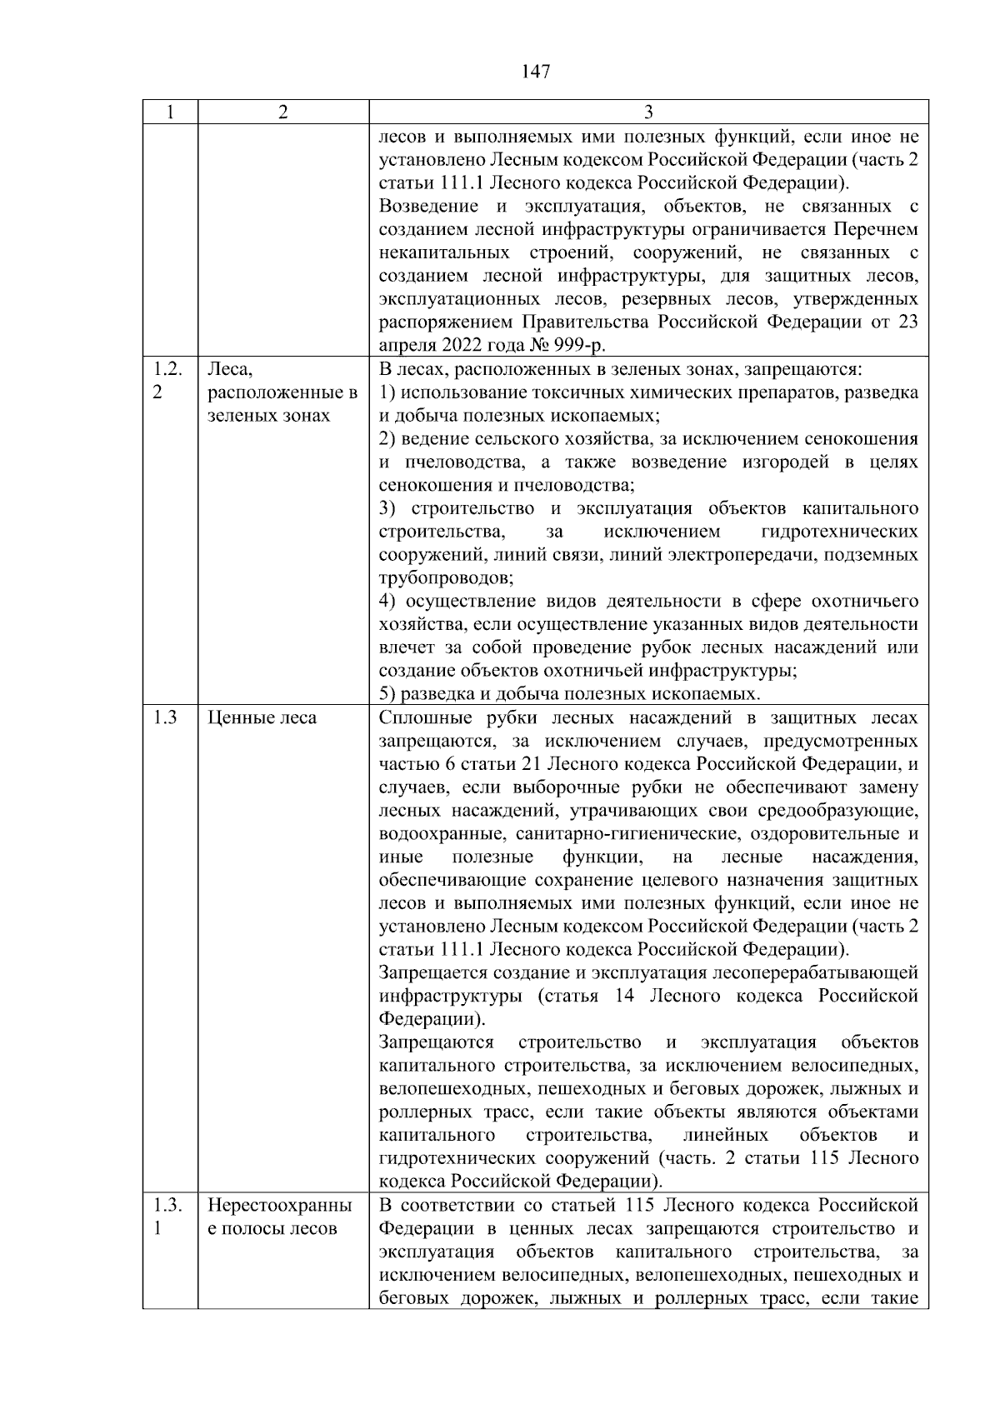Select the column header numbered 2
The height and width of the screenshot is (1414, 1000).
click(283, 112)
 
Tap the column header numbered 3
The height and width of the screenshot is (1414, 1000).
click(648, 112)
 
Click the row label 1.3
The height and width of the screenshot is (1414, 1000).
click(166, 718)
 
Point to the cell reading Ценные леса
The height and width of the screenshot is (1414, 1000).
click(262, 718)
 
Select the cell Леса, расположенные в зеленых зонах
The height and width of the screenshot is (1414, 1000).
click(282, 392)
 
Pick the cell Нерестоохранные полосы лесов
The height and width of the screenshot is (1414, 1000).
click(279, 1217)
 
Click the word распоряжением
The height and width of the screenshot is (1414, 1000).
click(445, 322)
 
